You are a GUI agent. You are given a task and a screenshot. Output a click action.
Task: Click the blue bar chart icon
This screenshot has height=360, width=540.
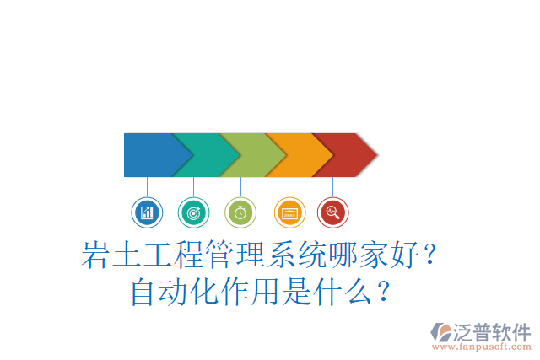coord(147,212)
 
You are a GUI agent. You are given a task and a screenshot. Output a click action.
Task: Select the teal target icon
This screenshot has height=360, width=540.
coord(193,212)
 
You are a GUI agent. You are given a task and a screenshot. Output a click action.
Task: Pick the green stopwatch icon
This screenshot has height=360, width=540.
coord(240,212)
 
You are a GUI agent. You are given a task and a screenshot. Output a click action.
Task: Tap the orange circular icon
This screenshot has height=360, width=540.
coord(289,212)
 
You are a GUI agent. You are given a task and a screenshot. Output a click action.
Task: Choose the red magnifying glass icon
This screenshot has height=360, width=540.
coord(332,212)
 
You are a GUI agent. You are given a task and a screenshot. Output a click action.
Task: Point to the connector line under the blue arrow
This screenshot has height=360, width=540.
coord(147,187)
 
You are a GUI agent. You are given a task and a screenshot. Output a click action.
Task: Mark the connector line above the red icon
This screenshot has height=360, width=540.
coord(332,187)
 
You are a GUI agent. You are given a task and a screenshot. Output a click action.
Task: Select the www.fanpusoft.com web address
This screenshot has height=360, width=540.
coord(481,347)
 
